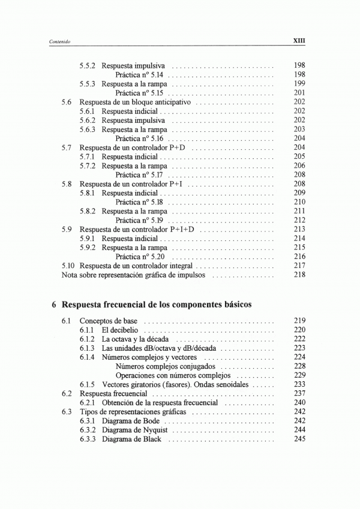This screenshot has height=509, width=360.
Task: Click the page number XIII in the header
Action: [x=299, y=41]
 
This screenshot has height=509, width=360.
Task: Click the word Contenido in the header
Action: [x=61, y=41]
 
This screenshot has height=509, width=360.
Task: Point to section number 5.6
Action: [x=67, y=102]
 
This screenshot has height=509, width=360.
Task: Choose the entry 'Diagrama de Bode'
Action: [x=130, y=421]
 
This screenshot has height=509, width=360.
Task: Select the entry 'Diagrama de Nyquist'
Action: [x=134, y=430]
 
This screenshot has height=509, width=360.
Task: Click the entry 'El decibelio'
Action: [x=120, y=330]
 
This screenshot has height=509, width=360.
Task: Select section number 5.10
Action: [x=68, y=266]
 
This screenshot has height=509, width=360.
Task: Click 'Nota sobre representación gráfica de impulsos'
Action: [x=134, y=275]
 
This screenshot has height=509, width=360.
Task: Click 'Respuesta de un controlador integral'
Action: [x=136, y=266]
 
